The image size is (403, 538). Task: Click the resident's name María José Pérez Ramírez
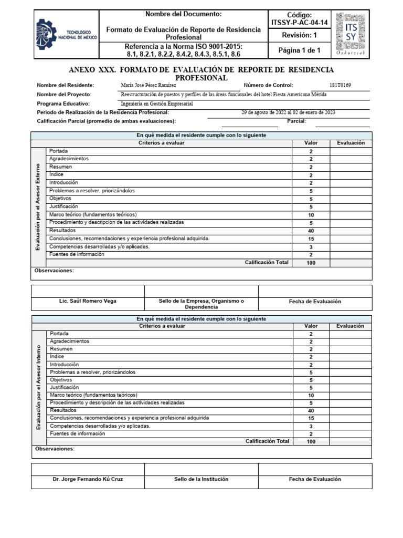(149, 85)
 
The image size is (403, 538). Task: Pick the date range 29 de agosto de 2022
(288, 112)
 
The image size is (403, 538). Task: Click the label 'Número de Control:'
(268, 85)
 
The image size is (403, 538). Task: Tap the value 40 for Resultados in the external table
(311, 231)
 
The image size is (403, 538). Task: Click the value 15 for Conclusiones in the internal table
(311, 418)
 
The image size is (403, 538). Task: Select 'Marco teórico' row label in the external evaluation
(93, 214)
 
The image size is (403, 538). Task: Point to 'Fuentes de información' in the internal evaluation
(77, 433)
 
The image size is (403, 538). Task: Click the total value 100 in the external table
(311, 263)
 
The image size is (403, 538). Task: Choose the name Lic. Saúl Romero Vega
(88, 301)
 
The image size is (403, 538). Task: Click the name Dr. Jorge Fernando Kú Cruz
(88, 479)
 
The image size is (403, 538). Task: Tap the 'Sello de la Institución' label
(201, 479)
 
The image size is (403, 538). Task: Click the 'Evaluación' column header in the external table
(351, 143)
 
